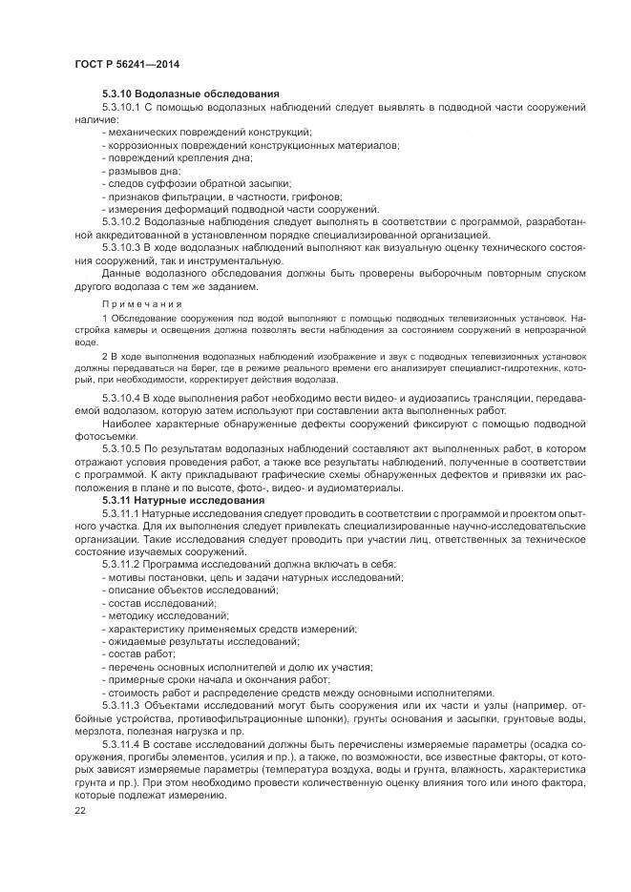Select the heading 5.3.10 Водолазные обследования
(190, 93)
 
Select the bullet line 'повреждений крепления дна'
(168, 157)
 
